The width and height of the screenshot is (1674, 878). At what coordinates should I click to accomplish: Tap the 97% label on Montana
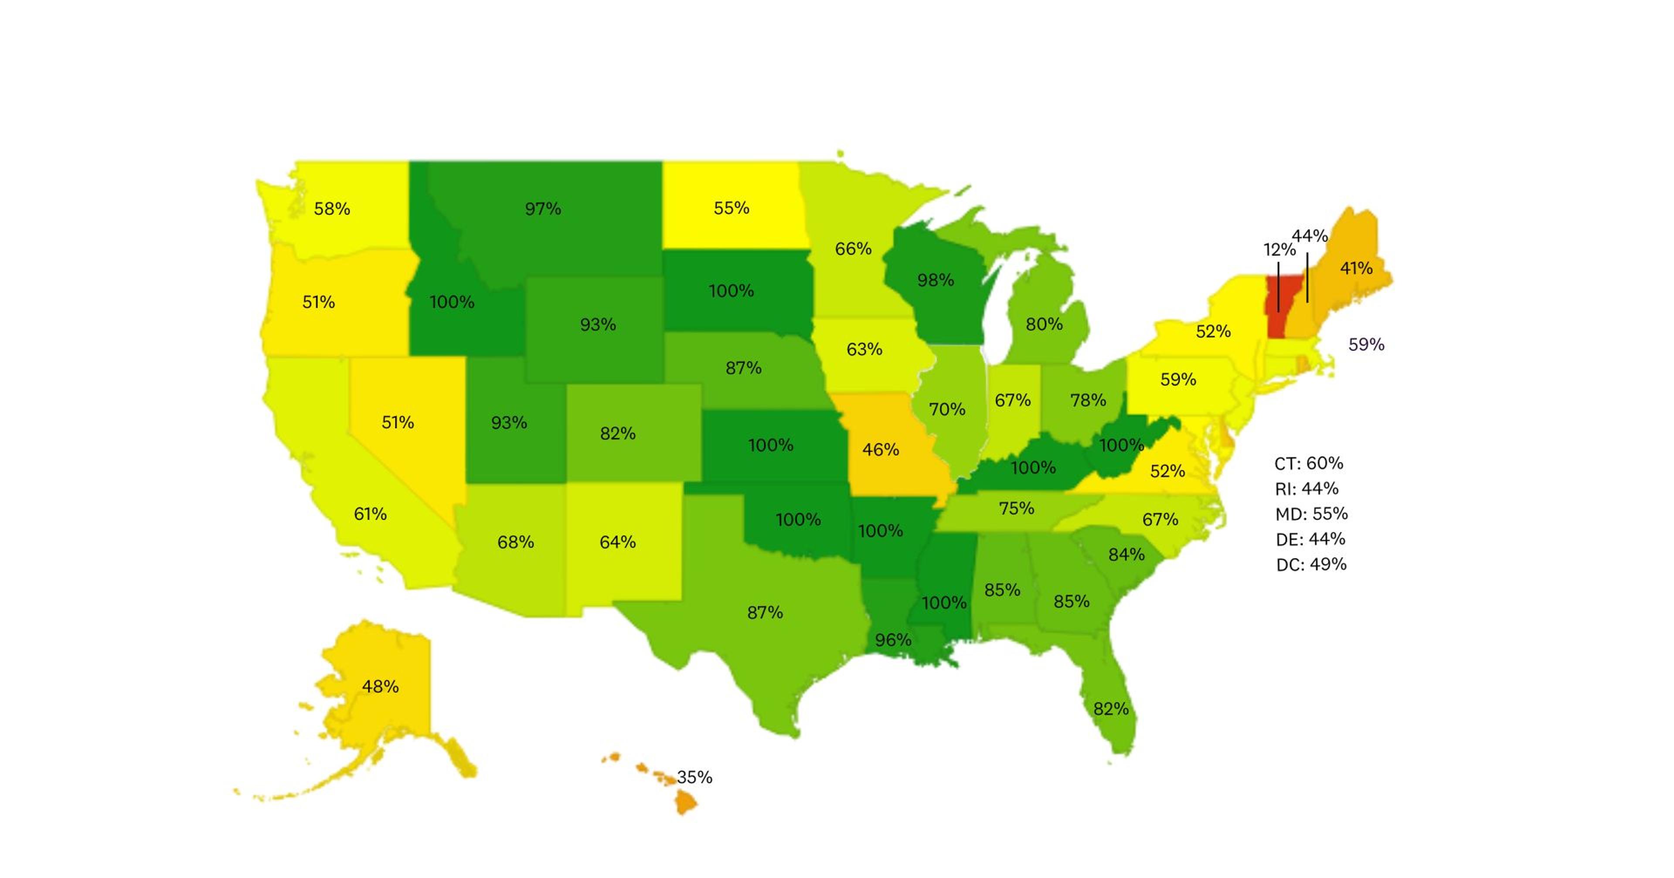tap(543, 209)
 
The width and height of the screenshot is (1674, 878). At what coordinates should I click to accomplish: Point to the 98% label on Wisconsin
tap(935, 280)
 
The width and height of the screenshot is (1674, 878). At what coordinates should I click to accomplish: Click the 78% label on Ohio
tap(1087, 400)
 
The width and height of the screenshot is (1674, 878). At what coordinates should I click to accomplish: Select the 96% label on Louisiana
tap(892, 640)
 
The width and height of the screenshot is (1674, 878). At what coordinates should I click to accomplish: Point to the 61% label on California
tap(370, 514)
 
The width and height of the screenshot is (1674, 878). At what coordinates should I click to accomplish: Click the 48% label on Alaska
tap(380, 686)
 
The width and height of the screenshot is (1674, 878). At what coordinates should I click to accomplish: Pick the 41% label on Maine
tap(1356, 268)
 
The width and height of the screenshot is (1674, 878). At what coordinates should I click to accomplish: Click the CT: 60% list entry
tap(1308, 463)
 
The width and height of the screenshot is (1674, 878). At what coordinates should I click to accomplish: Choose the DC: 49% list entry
tap(1311, 564)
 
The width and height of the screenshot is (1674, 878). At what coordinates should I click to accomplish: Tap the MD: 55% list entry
tap(1311, 514)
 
